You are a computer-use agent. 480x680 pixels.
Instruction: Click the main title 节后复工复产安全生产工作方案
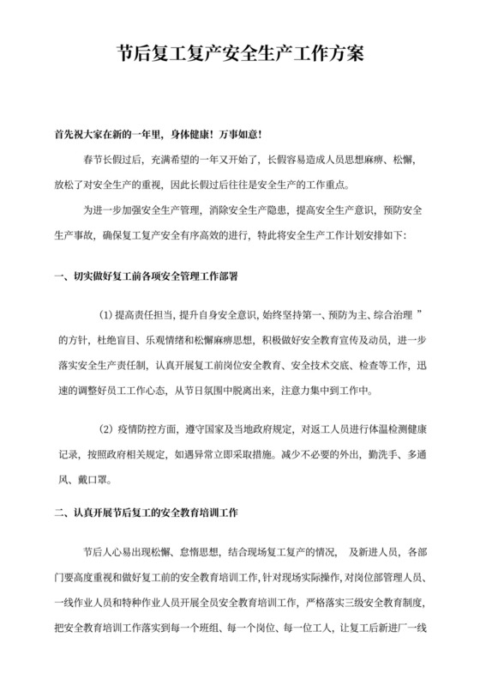point(239,54)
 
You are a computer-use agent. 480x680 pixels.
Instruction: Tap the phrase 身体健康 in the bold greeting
point(196,137)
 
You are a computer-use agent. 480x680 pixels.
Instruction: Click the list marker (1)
point(111,313)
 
